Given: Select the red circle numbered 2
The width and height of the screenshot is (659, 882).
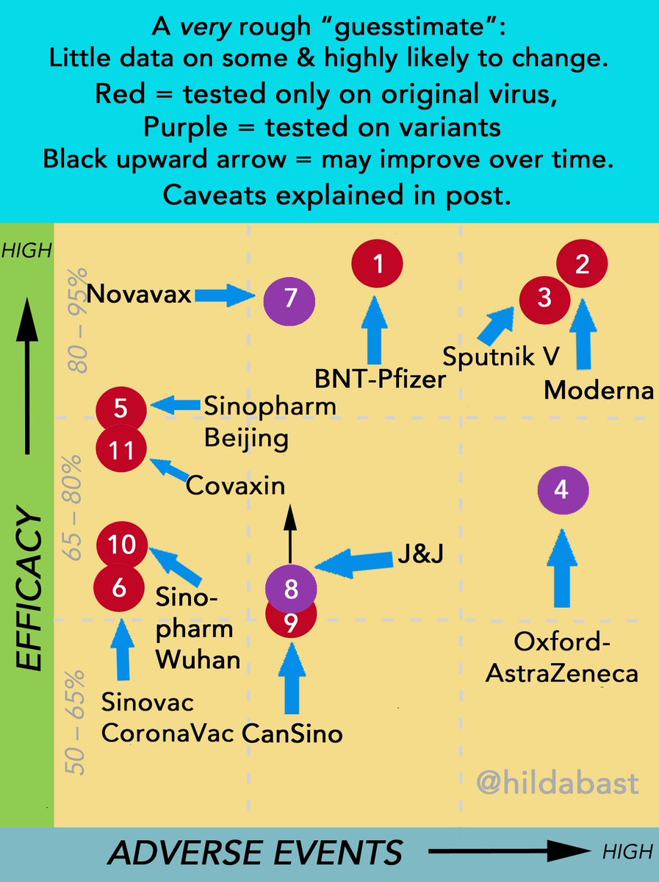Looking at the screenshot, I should (x=582, y=265).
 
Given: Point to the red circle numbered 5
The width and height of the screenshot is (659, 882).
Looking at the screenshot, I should (x=122, y=406).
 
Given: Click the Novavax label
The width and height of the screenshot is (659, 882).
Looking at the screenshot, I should (x=139, y=295).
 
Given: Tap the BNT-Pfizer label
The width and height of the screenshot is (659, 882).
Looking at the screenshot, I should (x=381, y=379).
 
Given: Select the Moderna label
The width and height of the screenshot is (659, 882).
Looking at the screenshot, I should (x=598, y=391).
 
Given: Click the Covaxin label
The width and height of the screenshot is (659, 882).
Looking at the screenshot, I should (x=235, y=485).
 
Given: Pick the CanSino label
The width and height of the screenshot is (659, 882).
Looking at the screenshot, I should (x=292, y=733).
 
